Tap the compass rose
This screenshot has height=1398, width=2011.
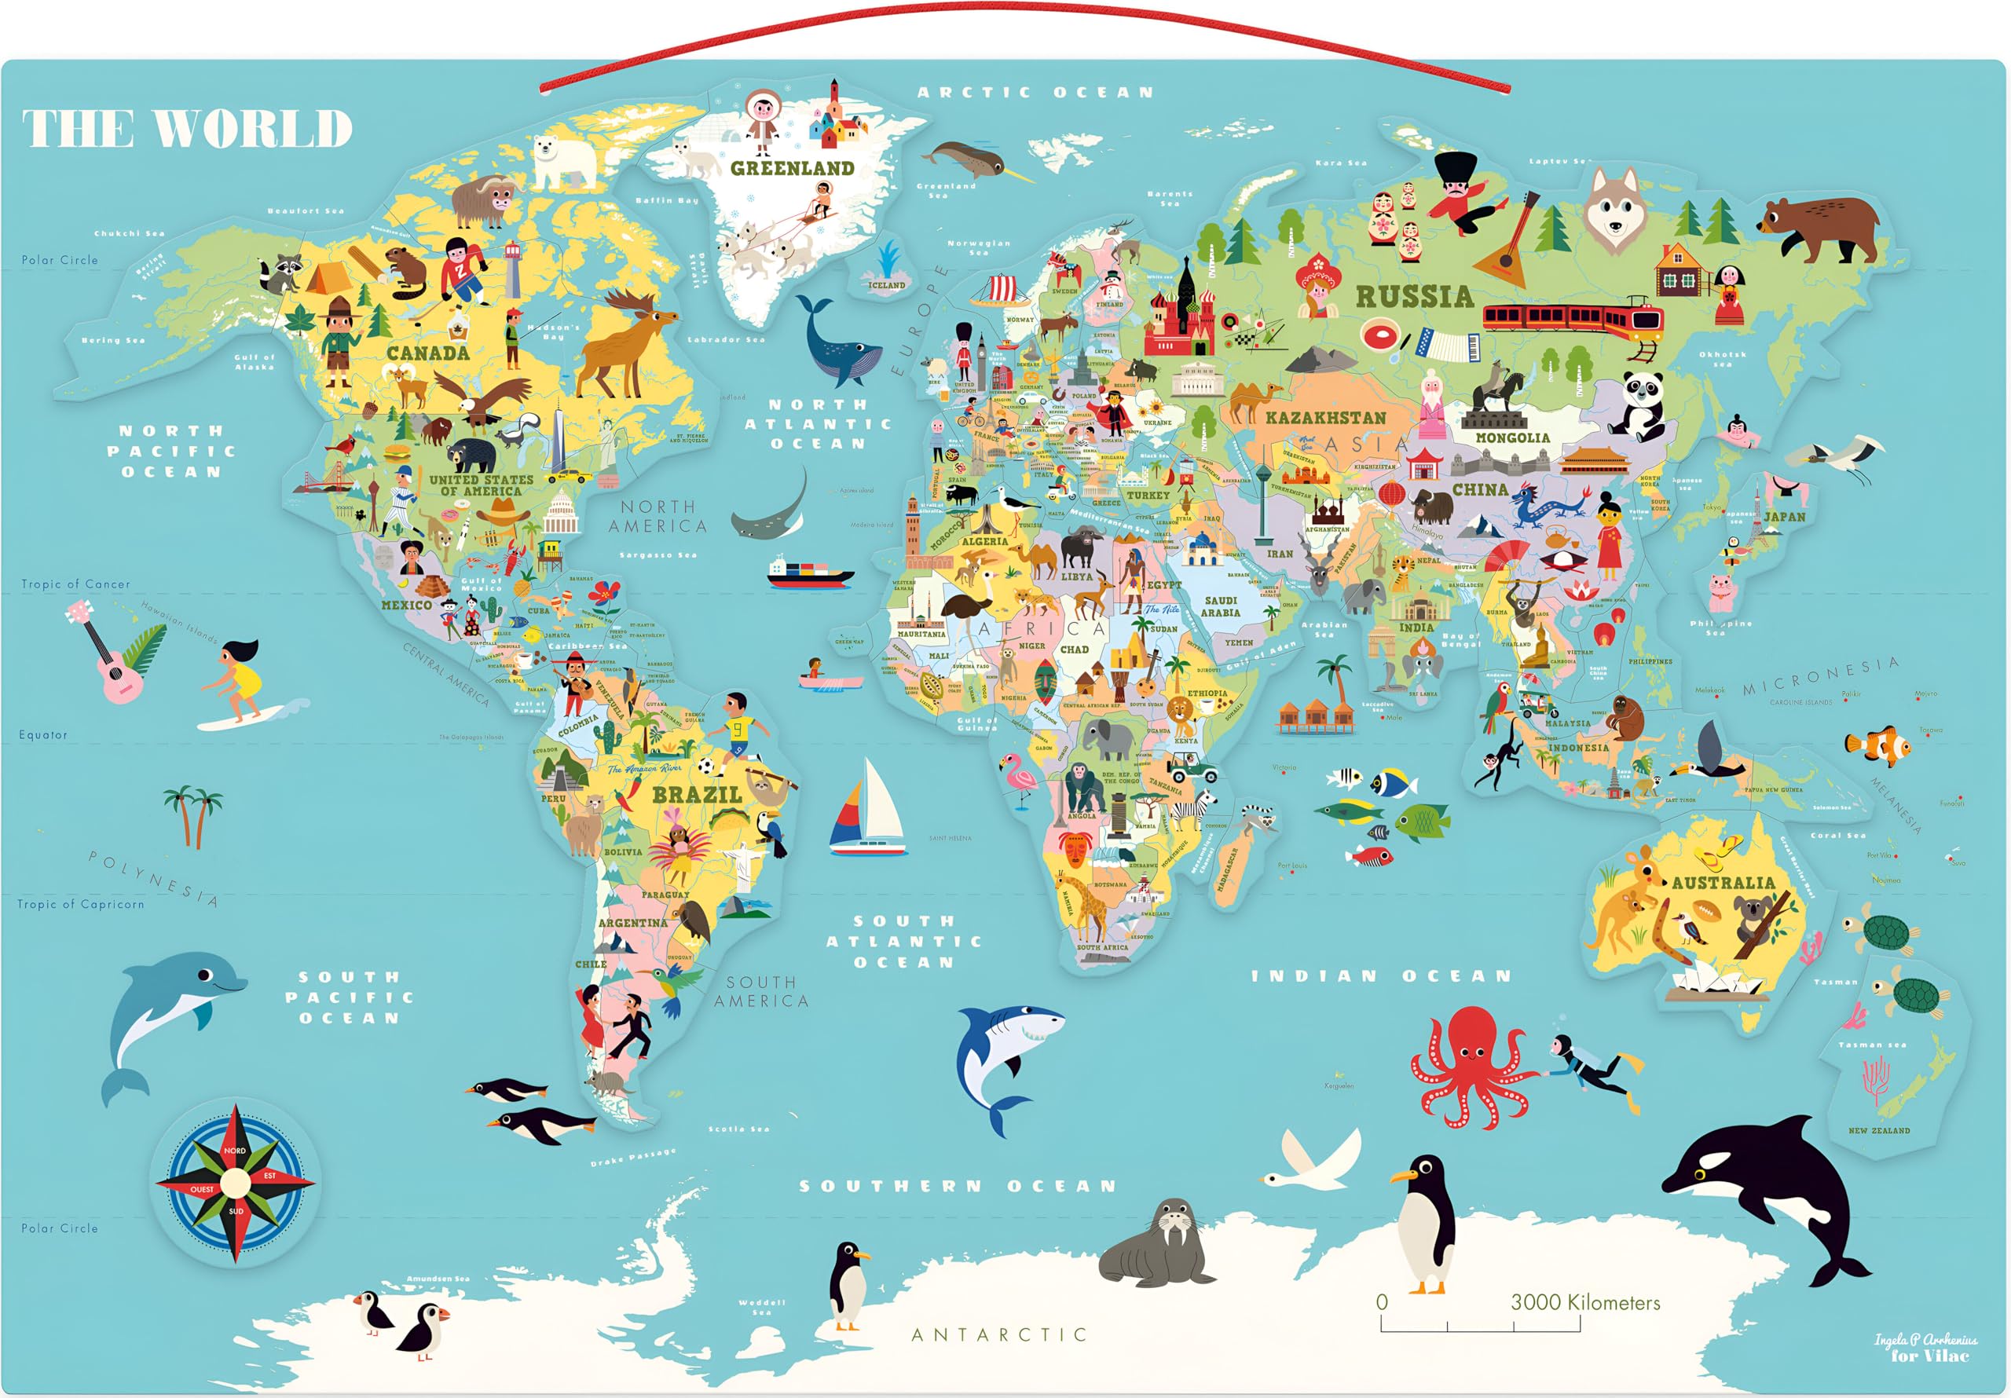(x=235, y=1184)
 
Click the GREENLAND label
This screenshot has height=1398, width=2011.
(x=792, y=168)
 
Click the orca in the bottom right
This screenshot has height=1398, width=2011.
(x=1769, y=1191)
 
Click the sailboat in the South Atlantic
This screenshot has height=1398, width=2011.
(x=867, y=811)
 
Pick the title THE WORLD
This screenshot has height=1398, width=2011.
(x=186, y=129)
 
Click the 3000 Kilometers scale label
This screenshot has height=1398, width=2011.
(x=1585, y=1302)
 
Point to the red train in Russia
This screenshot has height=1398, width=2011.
(x=1572, y=317)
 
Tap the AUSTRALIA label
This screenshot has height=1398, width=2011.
(x=1723, y=882)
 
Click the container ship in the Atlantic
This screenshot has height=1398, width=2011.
(x=810, y=571)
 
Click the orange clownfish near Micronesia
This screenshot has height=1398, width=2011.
(x=1879, y=745)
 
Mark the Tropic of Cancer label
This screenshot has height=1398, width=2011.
(x=75, y=584)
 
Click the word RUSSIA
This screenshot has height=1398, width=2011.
(x=1415, y=297)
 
